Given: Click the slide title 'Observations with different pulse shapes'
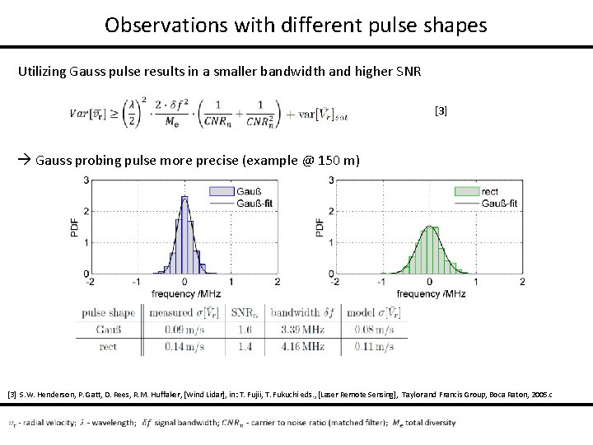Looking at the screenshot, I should [296, 25].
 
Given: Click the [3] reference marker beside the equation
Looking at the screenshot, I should [441, 110].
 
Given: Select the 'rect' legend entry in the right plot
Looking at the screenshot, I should [491, 190].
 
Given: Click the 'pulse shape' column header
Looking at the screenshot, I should [110, 312].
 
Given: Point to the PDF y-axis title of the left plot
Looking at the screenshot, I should [73, 227].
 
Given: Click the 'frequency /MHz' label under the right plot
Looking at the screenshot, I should [431, 293].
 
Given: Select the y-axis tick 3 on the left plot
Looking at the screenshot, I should [87, 180].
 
